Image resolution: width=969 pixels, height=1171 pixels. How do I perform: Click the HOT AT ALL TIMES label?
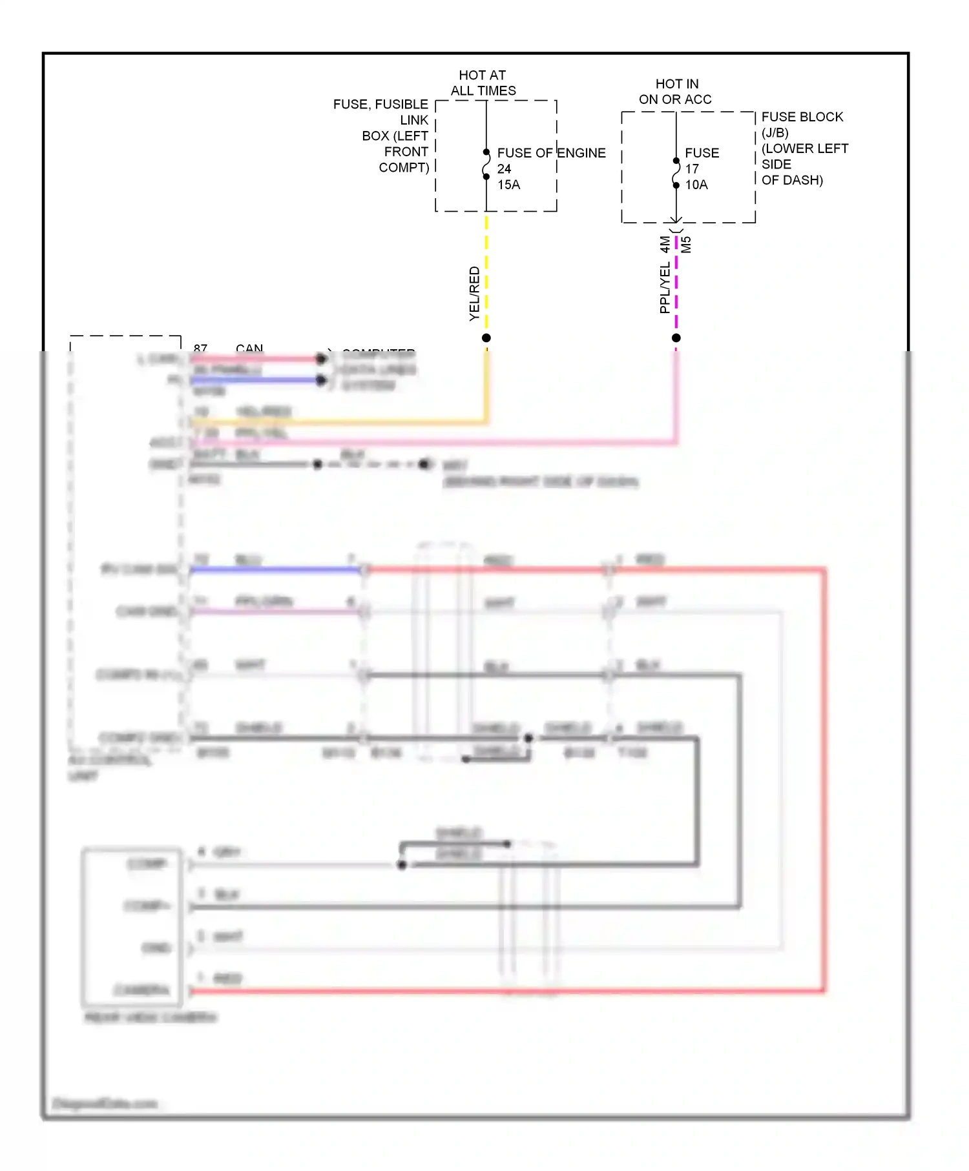pyautogui.click(x=483, y=83)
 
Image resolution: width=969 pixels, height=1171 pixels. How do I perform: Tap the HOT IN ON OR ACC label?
pyautogui.click(x=676, y=92)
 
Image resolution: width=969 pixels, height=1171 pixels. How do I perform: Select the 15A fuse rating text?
pyautogui.click(x=508, y=185)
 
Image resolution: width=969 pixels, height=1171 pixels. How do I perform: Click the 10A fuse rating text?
pyautogui.click(x=696, y=185)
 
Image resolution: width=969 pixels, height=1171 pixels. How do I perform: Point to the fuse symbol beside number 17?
pyautogui.click(x=676, y=173)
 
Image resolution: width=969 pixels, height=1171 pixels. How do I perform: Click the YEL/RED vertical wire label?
pyautogui.click(x=474, y=294)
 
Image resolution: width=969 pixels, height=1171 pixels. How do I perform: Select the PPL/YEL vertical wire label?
pyautogui.click(x=665, y=288)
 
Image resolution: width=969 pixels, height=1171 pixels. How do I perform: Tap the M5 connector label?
pyautogui.click(x=686, y=245)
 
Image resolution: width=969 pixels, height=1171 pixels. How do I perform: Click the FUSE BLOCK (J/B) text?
pyautogui.click(x=802, y=124)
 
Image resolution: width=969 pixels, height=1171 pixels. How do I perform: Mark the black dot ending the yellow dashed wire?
pyautogui.click(x=486, y=338)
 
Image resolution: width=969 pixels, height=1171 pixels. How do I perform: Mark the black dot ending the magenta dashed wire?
pyautogui.click(x=676, y=338)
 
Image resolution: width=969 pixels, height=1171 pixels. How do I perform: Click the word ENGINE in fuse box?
pyautogui.click(x=581, y=153)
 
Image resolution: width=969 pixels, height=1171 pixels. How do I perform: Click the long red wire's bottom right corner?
pyautogui.click(x=824, y=990)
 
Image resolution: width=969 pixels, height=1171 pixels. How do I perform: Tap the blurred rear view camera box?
pyautogui.click(x=132, y=927)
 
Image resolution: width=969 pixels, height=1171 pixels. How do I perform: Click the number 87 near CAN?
pyautogui.click(x=200, y=349)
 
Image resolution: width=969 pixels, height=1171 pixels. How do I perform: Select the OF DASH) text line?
pyautogui.click(x=792, y=180)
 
